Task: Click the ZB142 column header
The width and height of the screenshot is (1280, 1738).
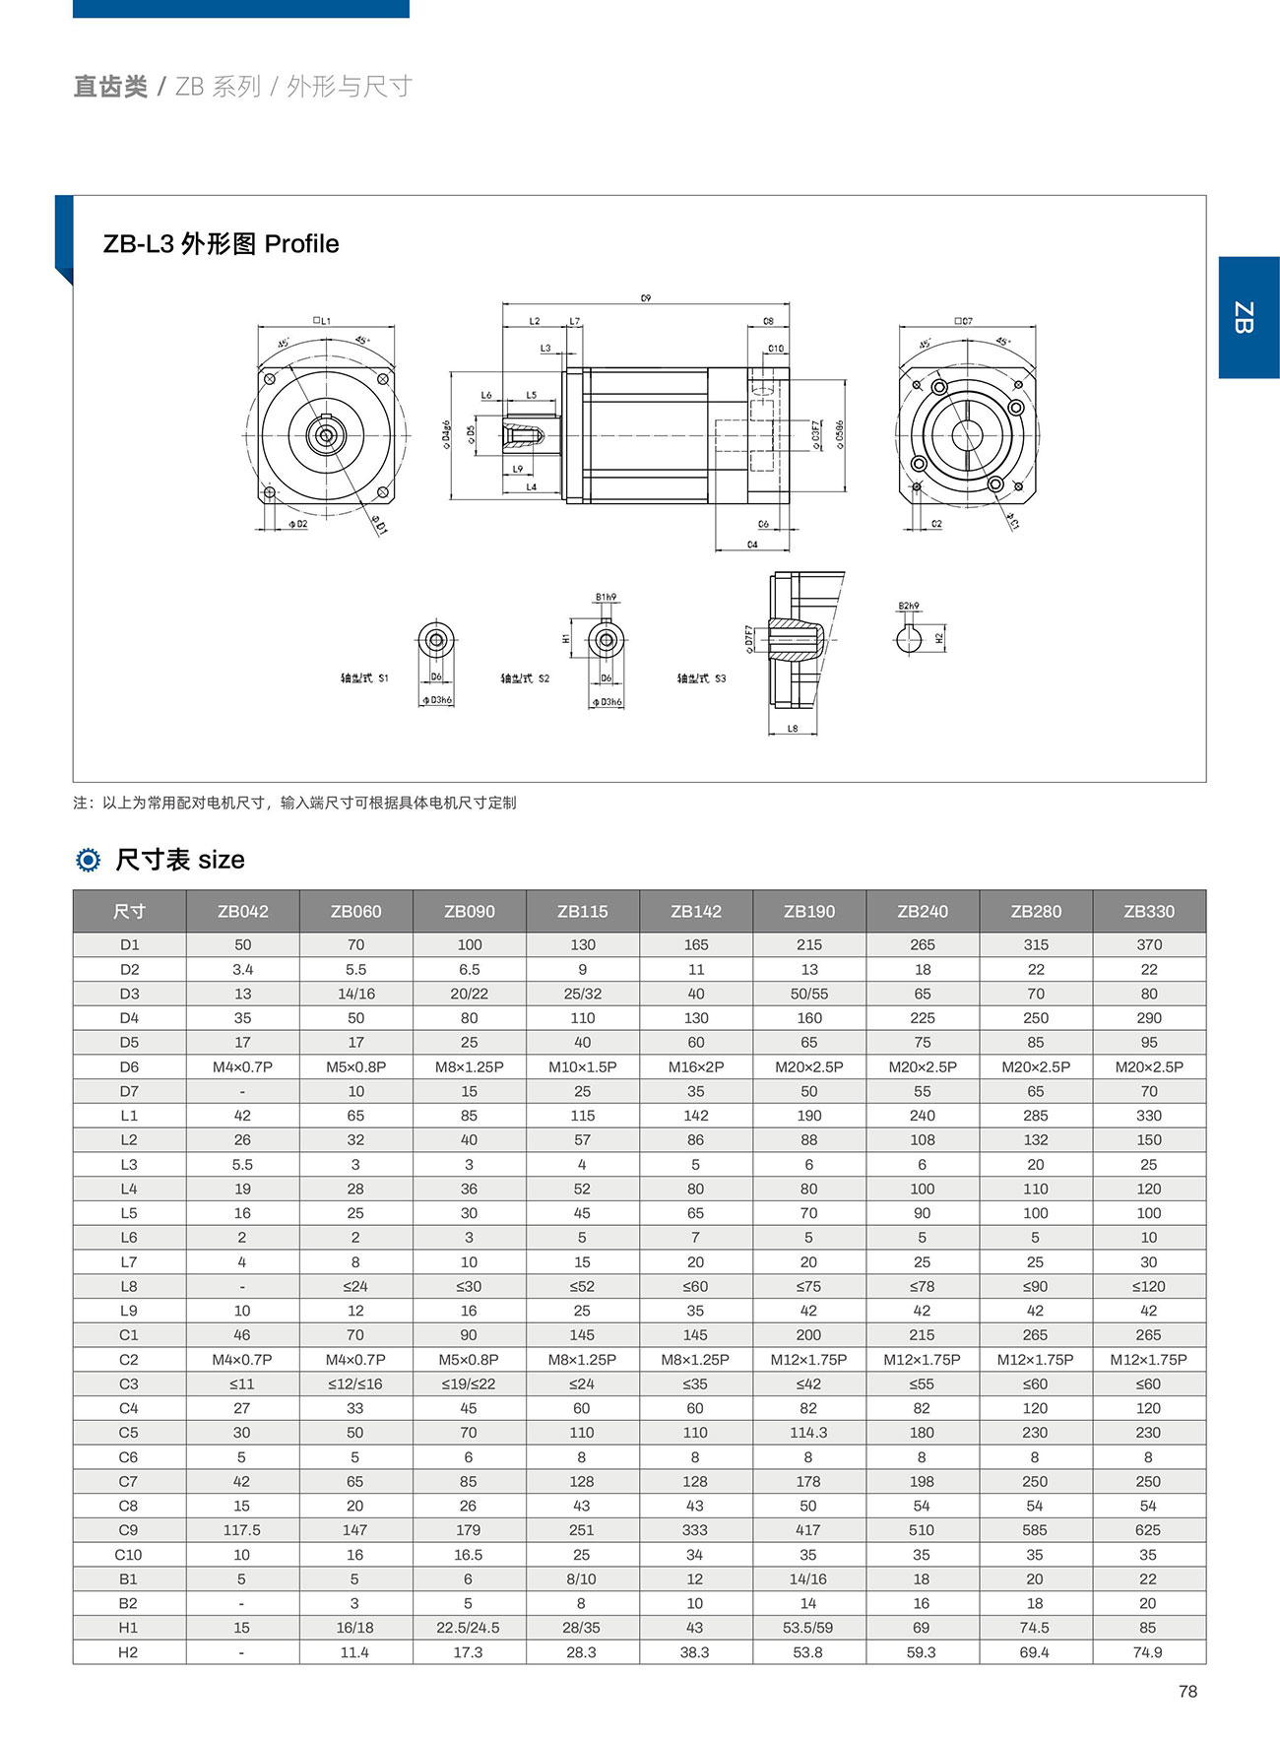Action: [x=696, y=911]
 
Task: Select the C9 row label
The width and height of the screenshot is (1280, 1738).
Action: [x=128, y=1529]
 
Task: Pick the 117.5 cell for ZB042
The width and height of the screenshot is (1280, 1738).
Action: [x=242, y=1529]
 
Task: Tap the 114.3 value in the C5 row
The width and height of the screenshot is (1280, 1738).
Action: [x=808, y=1432]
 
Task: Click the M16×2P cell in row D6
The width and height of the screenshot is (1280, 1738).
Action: [x=696, y=1066]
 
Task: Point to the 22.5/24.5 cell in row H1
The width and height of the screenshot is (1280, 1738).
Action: [x=469, y=1627]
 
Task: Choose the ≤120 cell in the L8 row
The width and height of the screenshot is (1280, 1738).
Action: [x=1148, y=1286]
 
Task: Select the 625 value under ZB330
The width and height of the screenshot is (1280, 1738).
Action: [x=1148, y=1529]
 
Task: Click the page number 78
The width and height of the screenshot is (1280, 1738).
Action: [x=1187, y=1691]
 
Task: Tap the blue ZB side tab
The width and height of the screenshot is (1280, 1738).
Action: [x=1248, y=317]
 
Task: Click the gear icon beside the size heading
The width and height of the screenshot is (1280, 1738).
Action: [x=88, y=860]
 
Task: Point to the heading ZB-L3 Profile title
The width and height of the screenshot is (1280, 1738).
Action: [x=222, y=244]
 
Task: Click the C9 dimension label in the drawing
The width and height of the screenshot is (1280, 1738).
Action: [x=646, y=297]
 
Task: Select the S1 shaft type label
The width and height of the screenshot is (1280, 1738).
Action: [x=364, y=677]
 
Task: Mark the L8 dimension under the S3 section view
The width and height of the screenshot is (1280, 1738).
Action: [x=793, y=729]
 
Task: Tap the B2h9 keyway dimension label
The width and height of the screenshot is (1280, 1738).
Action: [x=908, y=606]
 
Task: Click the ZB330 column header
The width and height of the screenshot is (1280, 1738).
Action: [x=1149, y=911]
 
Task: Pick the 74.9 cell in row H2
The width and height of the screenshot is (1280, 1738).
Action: [x=1148, y=1651]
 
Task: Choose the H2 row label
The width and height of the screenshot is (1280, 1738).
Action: [x=128, y=1651]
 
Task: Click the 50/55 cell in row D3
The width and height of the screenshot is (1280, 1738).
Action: [x=808, y=994]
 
